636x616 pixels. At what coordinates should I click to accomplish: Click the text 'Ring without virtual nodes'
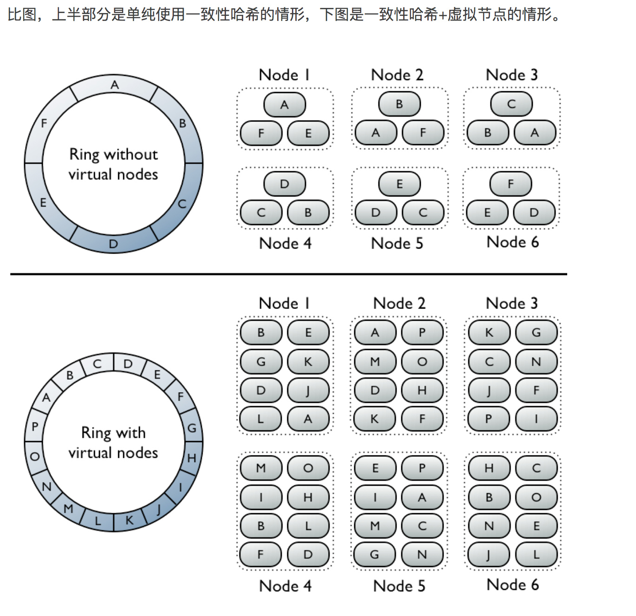coord(113,164)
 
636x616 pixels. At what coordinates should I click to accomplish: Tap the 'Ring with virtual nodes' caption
coord(113,442)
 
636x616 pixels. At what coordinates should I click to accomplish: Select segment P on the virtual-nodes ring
coord(35,426)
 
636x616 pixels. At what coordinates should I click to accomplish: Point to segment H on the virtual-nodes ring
coord(192,458)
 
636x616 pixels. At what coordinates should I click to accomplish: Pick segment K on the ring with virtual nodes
coord(130,520)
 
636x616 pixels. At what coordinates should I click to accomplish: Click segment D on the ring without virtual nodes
coord(113,244)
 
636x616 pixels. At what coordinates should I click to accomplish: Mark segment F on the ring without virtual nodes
coord(44,123)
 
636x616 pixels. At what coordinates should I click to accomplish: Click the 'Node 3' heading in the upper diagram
coord(511,75)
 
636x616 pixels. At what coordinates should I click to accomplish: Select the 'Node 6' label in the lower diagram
coord(512,585)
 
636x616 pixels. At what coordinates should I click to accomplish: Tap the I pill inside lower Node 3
coord(536,419)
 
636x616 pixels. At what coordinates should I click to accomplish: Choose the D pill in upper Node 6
coord(534,213)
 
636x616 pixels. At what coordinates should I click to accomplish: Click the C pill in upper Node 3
coord(511,104)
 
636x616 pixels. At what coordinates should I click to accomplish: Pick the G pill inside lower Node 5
coord(375,555)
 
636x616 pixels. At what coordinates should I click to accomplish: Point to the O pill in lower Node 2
coord(422,362)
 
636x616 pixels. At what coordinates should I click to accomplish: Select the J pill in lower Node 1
coord(308,390)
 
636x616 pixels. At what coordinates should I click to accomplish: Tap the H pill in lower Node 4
coord(308,497)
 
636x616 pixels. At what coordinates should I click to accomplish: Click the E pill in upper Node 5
coord(399,184)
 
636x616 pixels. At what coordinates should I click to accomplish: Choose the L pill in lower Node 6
coord(536,555)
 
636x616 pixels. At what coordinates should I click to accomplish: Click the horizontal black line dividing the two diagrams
coord(288,274)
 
